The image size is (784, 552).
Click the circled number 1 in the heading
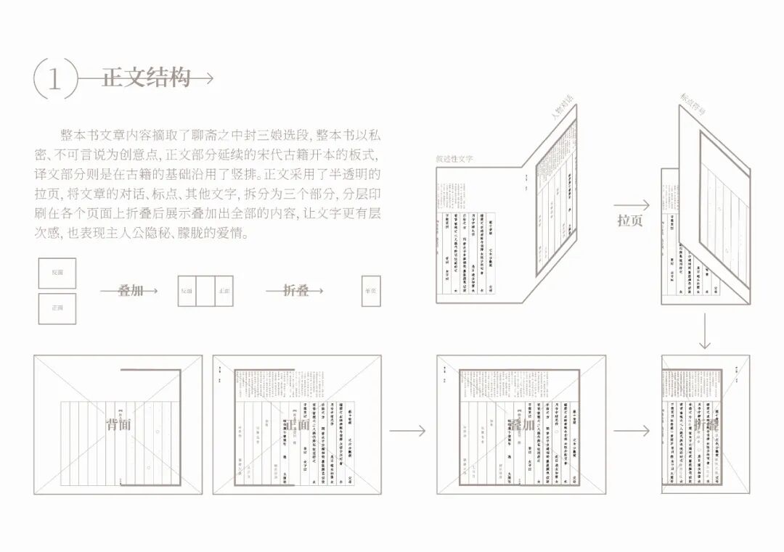(x=54, y=78)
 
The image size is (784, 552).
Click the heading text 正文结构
(x=146, y=78)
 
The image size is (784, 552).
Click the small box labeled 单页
(x=371, y=291)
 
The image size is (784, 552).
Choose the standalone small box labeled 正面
(x=57, y=308)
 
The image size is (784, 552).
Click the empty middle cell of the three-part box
(x=205, y=291)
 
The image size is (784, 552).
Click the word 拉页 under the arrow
(x=630, y=221)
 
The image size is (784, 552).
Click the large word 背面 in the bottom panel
(x=119, y=424)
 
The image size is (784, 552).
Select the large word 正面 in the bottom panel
(x=298, y=424)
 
